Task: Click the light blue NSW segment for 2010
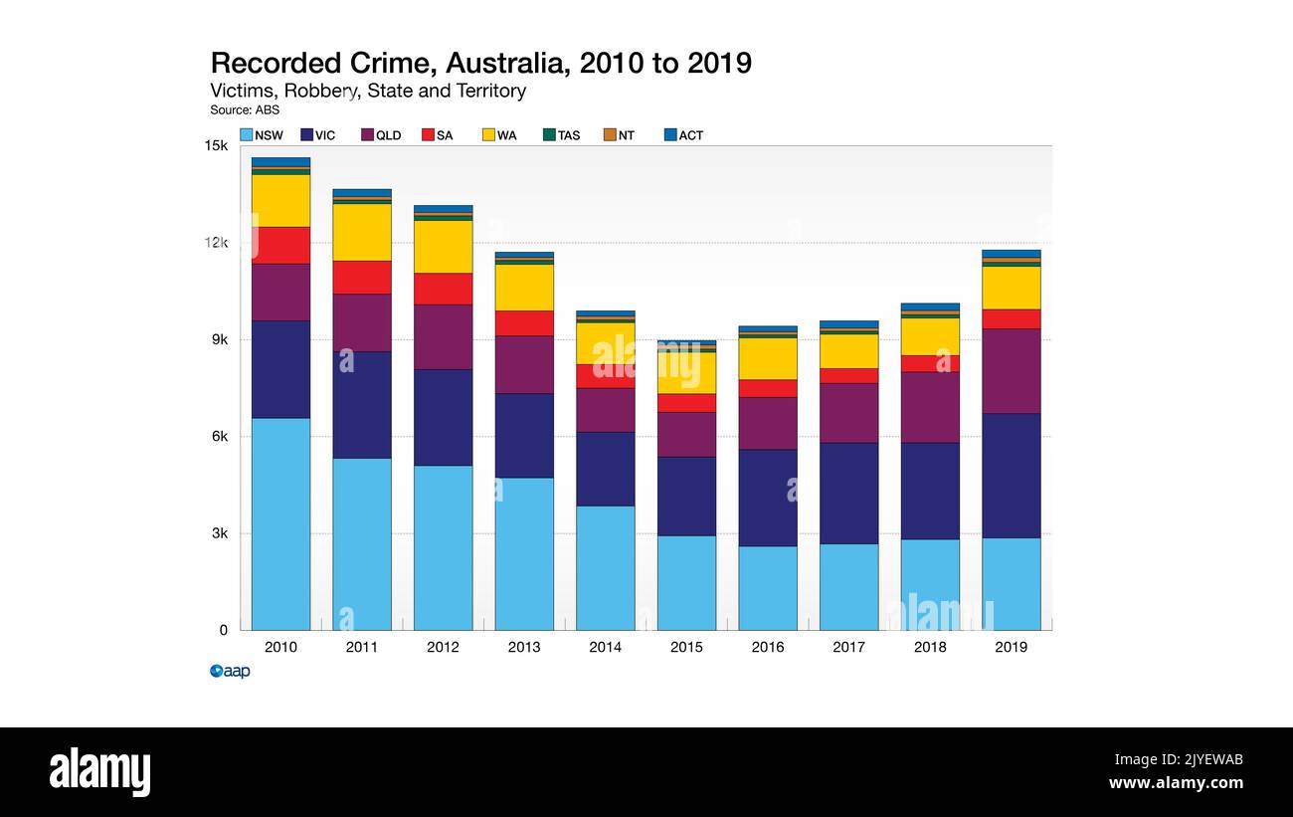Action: (280, 523)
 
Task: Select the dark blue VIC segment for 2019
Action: (1011, 476)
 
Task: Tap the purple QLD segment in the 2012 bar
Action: (443, 336)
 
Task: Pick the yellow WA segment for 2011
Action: (362, 232)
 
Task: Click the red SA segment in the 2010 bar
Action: (280, 245)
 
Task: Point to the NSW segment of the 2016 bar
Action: (767, 587)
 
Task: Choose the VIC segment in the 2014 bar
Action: (605, 469)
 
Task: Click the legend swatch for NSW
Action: (246, 135)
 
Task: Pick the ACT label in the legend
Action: (690, 135)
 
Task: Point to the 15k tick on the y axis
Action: (216, 146)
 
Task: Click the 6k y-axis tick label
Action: (218, 437)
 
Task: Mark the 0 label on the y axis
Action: (223, 630)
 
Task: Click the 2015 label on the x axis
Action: (686, 647)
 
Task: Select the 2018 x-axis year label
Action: (930, 647)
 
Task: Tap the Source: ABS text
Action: (245, 110)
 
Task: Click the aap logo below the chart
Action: (230, 672)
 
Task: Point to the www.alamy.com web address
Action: (1176, 783)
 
